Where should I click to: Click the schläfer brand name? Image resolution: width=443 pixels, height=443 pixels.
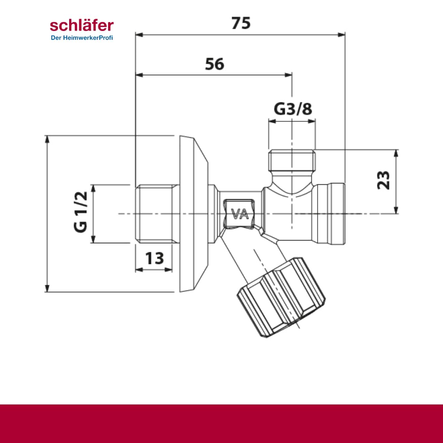point(82,25)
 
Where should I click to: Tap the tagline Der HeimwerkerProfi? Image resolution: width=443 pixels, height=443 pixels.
point(82,38)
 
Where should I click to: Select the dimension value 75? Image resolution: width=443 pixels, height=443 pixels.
point(241,23)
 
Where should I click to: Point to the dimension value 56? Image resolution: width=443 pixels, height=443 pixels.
point(215,64)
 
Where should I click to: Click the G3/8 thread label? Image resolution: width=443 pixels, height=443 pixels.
point(293,109)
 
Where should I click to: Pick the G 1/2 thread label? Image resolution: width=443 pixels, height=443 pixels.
point(81,212)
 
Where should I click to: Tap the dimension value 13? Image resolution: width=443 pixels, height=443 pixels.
point(155,258)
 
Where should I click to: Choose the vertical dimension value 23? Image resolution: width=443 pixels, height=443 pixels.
point(383,180)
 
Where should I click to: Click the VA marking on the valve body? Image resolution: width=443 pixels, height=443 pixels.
point(240,214)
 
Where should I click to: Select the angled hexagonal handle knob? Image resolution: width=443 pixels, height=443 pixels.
point(281,297)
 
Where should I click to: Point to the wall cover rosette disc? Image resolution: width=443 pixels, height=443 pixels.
point(194,214)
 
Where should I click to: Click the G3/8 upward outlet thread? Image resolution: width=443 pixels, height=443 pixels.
point(292,160)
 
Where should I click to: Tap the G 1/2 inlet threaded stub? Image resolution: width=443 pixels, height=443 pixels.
point(157,214)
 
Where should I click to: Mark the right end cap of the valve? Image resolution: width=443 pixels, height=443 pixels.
point(331,214)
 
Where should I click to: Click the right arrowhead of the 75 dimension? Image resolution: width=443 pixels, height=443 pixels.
point(342,35)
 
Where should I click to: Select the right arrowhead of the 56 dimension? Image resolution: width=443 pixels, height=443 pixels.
point(288,75)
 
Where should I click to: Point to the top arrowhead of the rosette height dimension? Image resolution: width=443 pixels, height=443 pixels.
point(47,139)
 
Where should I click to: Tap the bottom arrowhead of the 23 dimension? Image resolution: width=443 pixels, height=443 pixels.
point(396,210)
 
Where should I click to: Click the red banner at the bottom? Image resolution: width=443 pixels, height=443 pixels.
point(221,424)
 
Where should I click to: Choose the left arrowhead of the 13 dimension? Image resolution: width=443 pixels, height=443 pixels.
point(139,270)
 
